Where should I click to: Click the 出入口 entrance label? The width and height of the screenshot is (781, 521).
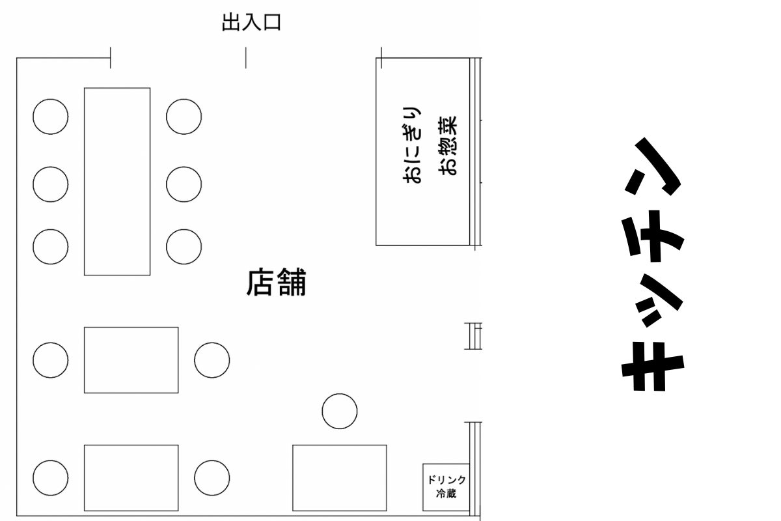[251, 24]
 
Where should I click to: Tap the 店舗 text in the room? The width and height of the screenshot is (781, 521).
[276, 283]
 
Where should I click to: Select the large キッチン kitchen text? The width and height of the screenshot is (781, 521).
[653, 264]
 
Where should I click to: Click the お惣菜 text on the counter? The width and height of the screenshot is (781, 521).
[448, 146]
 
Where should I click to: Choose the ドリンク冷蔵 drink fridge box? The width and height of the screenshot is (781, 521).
[446, 486]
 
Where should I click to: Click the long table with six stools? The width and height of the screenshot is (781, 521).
[117, 181]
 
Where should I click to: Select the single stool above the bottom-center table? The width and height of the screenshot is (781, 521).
[340, 411]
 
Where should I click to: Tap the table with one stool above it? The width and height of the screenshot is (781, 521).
[339, 477]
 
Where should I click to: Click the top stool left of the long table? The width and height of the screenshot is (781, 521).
[51, 117]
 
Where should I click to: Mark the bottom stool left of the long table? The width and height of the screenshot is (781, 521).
[51, 247]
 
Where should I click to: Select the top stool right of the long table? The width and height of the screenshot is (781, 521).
[184, 117]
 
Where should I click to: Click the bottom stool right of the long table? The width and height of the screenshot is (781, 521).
[184, 247]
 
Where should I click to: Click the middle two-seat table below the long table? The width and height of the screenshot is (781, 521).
[131, 359]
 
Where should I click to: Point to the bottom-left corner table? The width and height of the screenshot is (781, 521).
[131, 477]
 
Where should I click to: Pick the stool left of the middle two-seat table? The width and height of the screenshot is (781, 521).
[51, 359]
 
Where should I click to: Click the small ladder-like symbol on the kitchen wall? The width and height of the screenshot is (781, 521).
[473, 335]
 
